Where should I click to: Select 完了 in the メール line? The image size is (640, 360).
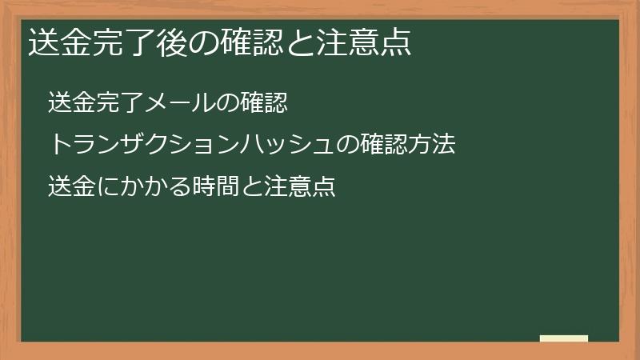(x=118, y=102)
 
